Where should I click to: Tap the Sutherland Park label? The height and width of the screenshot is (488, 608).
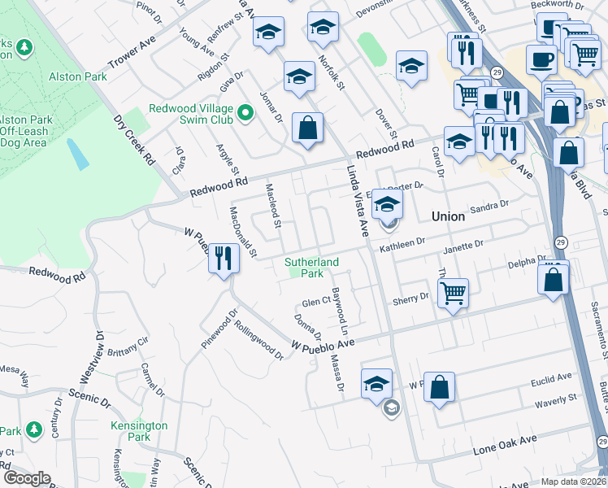coord(311,268)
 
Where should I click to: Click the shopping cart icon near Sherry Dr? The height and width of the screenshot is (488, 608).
coord(453,291)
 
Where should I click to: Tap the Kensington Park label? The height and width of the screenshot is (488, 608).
coord(139,431)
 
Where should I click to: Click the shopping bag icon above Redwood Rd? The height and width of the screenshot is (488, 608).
coord(307,128)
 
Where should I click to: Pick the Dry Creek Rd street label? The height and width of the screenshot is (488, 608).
coord(135,139)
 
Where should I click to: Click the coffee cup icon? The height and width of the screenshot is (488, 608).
coord(541,59)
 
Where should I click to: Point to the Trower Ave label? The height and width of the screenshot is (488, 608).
coord(131,54)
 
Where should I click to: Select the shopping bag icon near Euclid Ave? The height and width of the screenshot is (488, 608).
coord(440,389)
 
